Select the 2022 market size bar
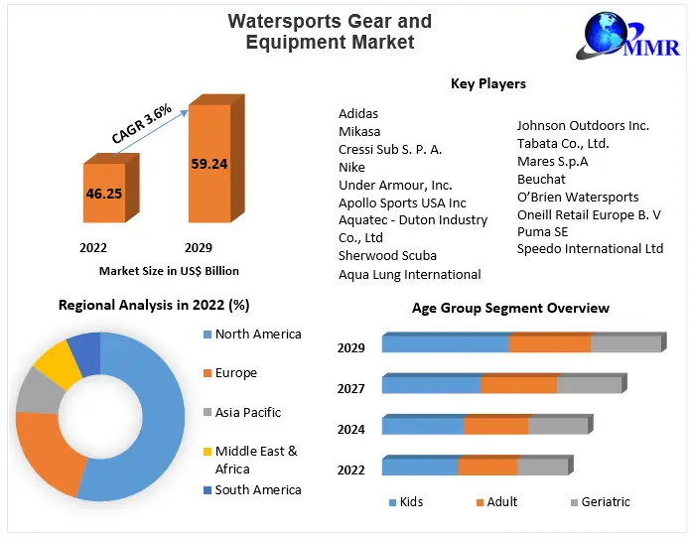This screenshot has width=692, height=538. pyautogui.click(x=103, y=193)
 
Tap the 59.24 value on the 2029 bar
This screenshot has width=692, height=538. pyautogui.click(x=209, y=164)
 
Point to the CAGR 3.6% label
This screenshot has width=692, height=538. pyautogui.click(x=142, y=122)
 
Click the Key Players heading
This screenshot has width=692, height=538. pyautogui.click(x=487, y=83)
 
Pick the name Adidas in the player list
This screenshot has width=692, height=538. pyautogui.click(x=358, y=114)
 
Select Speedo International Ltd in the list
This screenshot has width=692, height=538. pyautogui.click(x=590, y=249)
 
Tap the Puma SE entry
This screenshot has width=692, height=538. pyautogui.click(x=542, y=231)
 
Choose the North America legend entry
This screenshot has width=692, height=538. pyautogui.click(x=257, y=335)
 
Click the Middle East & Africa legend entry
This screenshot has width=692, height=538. pyautogui.click(x=255, y=460)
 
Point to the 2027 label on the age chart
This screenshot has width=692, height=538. pyautogui.click(x=350, y=389)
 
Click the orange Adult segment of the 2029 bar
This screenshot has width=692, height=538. pyautogui.click(x=549, y=343)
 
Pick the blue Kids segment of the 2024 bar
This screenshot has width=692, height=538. pyautogui.click(x=422, y=426)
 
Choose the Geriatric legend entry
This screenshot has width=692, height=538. pyautogui.click(x=605, y=502)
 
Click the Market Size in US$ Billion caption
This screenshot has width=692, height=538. pyautogui.click(x=169, y=271)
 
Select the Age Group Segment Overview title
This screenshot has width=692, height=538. pyautogui.click(x=510, y=309)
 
